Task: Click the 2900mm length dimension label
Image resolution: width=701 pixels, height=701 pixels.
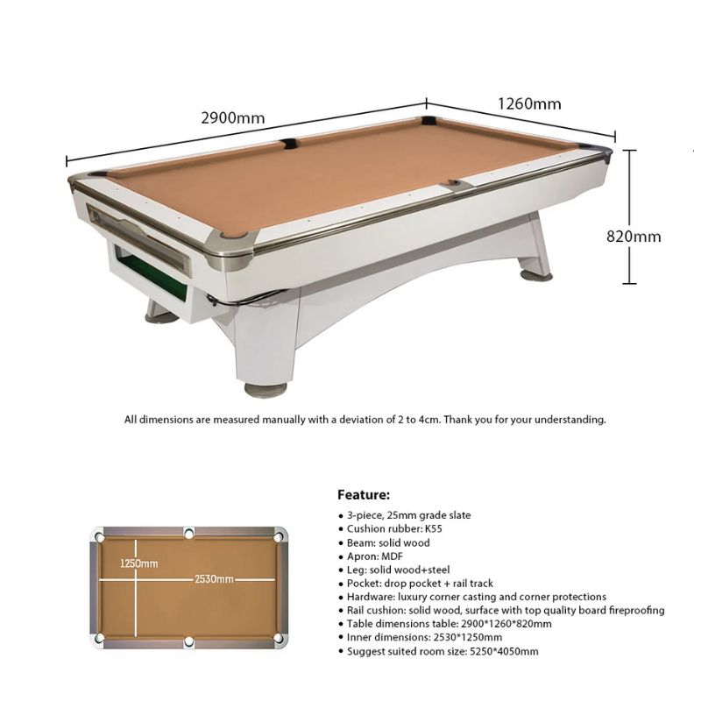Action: tap(233, 118)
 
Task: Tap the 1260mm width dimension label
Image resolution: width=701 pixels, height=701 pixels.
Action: tap(529, 103)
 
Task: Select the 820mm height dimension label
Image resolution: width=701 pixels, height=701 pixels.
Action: tap(634, 236)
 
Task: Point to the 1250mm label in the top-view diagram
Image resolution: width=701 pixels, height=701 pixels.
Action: tap(138, 563)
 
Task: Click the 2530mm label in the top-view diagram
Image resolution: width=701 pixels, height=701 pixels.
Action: tap(214, 579)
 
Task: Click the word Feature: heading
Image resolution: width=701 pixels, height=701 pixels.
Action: tap(364, 495)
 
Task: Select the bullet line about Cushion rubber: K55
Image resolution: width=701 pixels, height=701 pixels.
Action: tap(390, 529)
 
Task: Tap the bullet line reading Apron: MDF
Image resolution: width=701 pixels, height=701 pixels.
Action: tap(371, 556)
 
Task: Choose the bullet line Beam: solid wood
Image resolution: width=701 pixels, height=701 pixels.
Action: tap(384, 542)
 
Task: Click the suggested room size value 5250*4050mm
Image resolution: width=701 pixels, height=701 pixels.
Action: tap(504, 651)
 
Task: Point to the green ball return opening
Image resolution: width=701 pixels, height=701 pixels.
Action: tap(151, 273)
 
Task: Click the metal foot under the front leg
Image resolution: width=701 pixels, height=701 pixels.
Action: tap(266, 388)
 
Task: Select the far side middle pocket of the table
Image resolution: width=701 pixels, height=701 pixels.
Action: tap(289, 144)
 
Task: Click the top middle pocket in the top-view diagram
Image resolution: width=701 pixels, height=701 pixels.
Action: tap(189, 533)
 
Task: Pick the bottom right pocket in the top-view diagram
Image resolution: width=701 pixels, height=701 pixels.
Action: tap(278, 638)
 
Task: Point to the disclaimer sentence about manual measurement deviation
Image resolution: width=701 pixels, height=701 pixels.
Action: tap(365, 420)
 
